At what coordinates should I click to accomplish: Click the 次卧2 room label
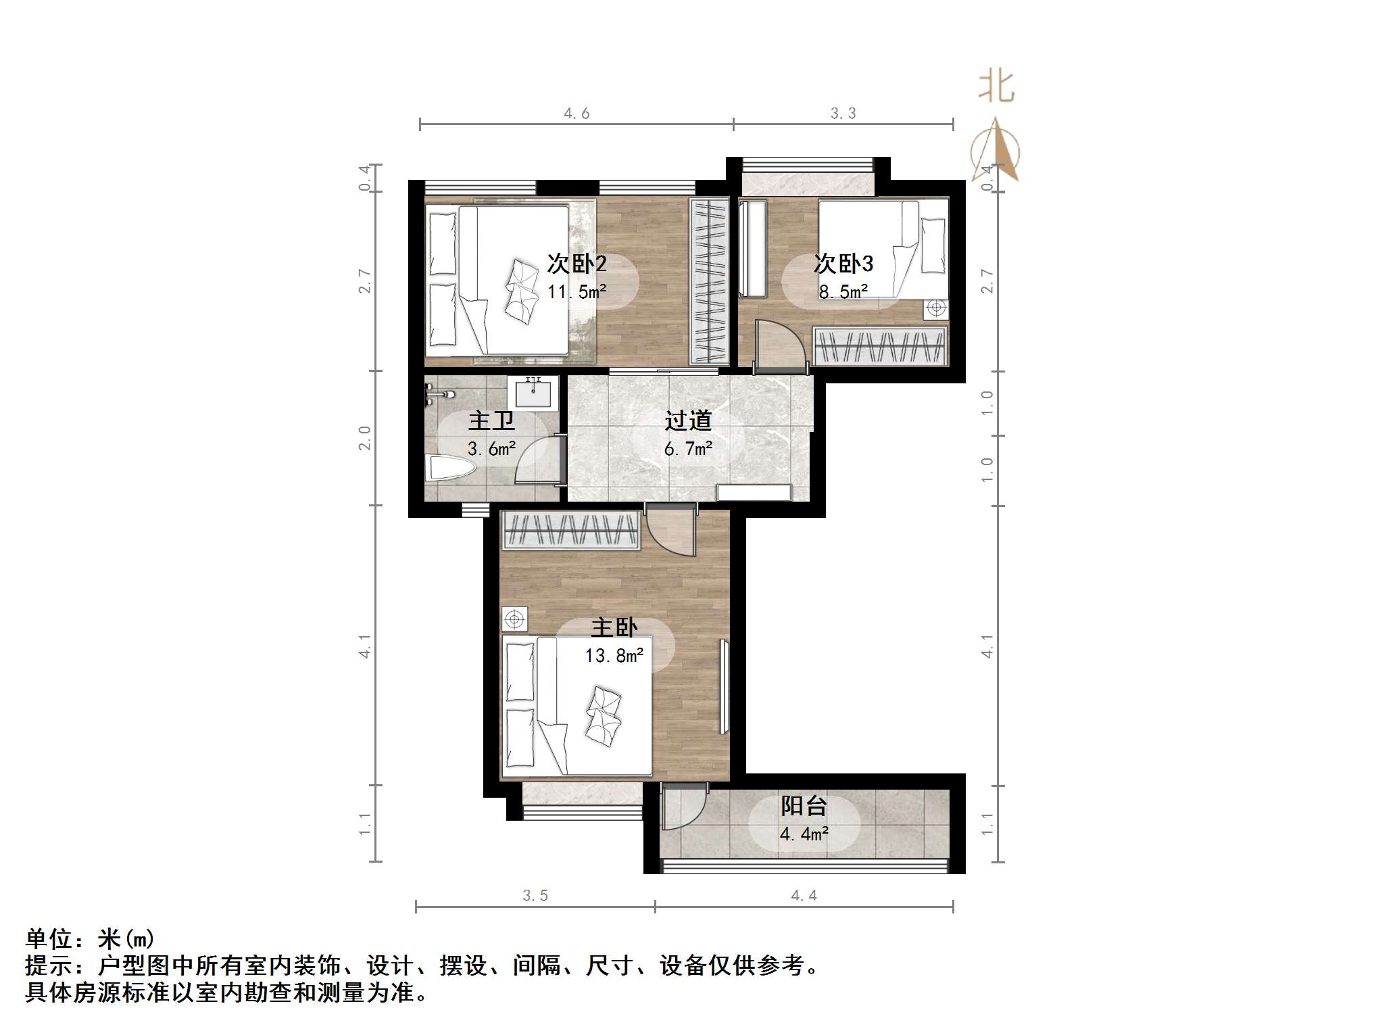(x=576, y=264)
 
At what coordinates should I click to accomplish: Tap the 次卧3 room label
(x=843, y=264)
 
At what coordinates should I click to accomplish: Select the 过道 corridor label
(x=688, y=421)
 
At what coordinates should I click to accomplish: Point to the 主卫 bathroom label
(x=491, y=421)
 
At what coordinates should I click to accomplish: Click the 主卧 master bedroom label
(x=614, y=627)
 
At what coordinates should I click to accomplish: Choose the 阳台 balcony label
(x=804, y=806)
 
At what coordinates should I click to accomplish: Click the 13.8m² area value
(x=614, y=656)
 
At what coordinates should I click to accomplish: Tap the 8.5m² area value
(x=843, y=292)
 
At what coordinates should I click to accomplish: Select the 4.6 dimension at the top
(x=576, y=114)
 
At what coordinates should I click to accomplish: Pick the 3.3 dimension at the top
(x=843, y=114)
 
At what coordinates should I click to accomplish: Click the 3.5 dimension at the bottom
(x=535, y=896)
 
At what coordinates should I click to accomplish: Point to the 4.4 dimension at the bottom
(x=804, y=896)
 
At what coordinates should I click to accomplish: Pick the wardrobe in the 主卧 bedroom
(x=571, y=530)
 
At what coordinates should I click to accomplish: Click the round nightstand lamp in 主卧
(x=515, y=619)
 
